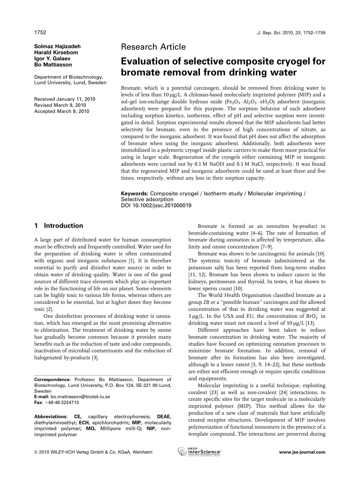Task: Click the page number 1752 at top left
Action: coord(40,33)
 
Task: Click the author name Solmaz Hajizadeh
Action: coord(57,46)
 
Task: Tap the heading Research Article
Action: coord(153,47)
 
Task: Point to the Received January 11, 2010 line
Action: coord(65,99)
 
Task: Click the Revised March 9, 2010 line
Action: coord(60,105)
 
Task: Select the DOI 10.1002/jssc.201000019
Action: coord(156,205)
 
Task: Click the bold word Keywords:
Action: coord(135,194)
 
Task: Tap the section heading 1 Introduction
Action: coord(59,225)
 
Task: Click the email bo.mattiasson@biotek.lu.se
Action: coord(80,397)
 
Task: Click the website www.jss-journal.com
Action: coord(302,452)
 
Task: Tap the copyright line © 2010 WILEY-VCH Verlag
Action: coord(93,452)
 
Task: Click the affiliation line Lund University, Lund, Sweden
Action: coord(70,83)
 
